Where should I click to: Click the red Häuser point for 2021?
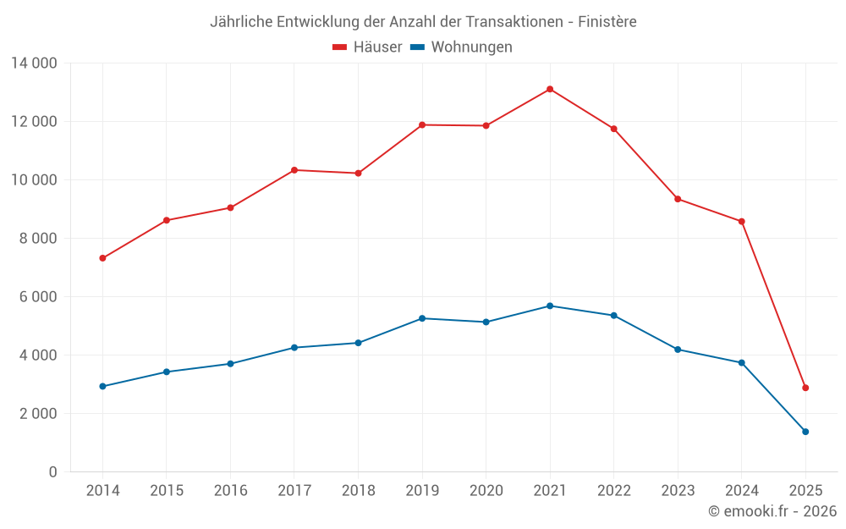[550, 89]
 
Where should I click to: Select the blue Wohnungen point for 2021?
[550, 306]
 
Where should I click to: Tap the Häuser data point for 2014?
[102, 258]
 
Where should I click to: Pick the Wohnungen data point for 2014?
[102, 386]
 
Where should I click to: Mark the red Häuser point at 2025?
[805, 388]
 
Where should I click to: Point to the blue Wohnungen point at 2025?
[805, 432]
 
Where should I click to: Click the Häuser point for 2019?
[422, 125]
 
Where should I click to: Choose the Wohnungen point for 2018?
[358, 343]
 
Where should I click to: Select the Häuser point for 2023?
[678, 199]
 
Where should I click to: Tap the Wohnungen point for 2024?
[742, 363]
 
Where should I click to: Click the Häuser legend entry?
[367, 47]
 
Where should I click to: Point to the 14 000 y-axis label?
[34, 63]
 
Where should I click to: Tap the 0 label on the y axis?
[52, 471]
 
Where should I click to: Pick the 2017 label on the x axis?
[294, 491]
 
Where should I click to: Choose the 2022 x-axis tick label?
[613, 491]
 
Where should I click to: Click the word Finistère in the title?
[607, 22]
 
